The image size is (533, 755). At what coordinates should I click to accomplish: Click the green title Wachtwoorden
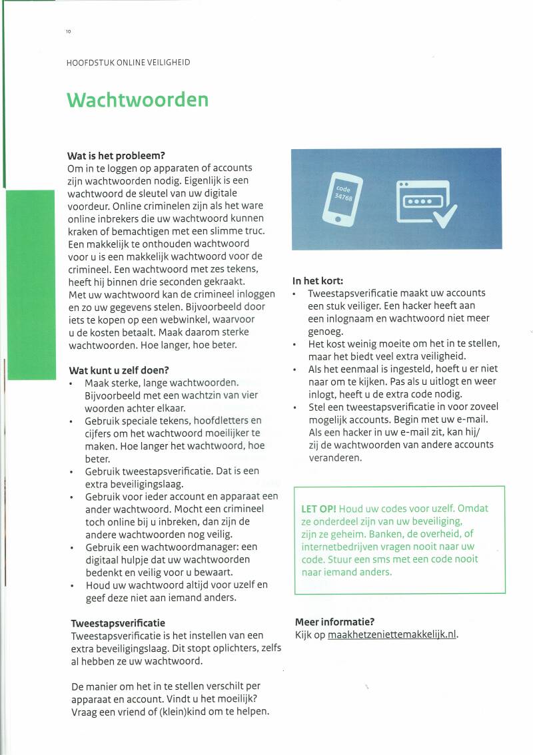tap(137, 100)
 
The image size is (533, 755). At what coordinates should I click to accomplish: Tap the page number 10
tap(68, 32)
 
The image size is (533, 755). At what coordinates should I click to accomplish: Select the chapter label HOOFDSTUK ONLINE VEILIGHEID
tap(128, 63)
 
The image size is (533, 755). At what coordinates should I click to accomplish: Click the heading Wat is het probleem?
tap(116, 155)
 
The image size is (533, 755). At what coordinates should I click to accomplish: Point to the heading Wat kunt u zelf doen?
tap(119, 370)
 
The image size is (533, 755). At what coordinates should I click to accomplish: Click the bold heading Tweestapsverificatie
tap(118, 623)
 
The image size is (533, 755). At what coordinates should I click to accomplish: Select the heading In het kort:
tap(318, 280)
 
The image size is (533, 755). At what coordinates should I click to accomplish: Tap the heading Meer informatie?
tap(334, 622)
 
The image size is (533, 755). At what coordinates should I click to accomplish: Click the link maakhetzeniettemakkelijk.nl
tap(392, 634)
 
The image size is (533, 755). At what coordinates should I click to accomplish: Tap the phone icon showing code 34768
tap(342, 198)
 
